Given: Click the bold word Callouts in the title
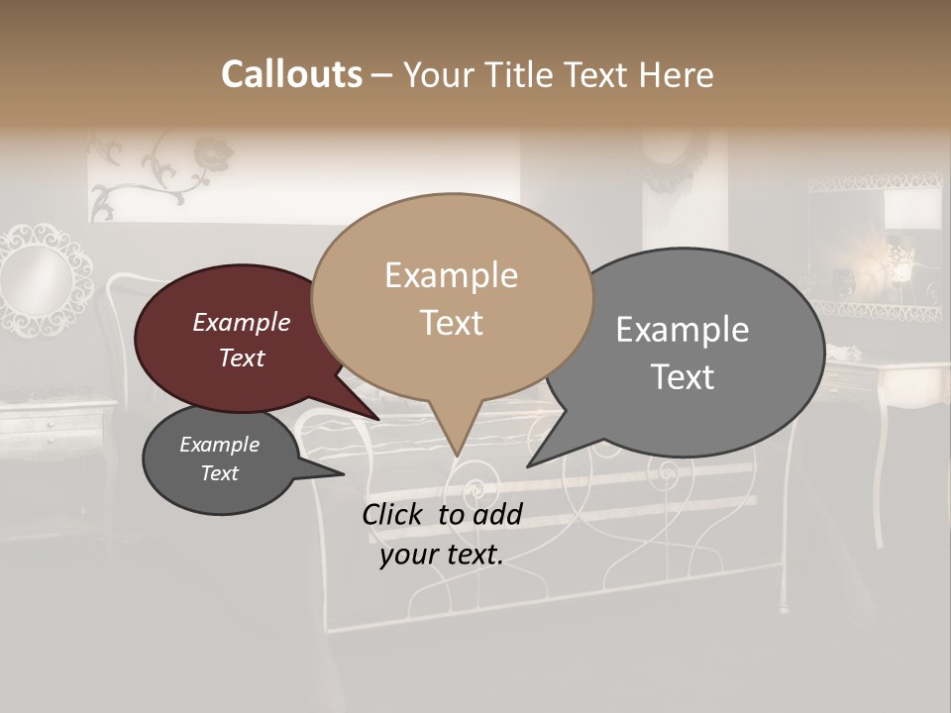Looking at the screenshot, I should tap(291, 74).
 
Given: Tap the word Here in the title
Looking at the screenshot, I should tap(673, 74).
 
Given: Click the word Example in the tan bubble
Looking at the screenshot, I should tap(451, 275).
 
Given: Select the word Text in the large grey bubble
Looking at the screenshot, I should tap(683, 377).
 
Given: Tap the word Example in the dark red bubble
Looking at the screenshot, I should tap(241, 323).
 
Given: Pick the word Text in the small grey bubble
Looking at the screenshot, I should tap(219, 473).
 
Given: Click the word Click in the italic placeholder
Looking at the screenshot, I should tap(393, 515).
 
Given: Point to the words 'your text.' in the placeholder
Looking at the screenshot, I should tap(442, 555).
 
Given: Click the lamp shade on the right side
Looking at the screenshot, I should tap(911, 210).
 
